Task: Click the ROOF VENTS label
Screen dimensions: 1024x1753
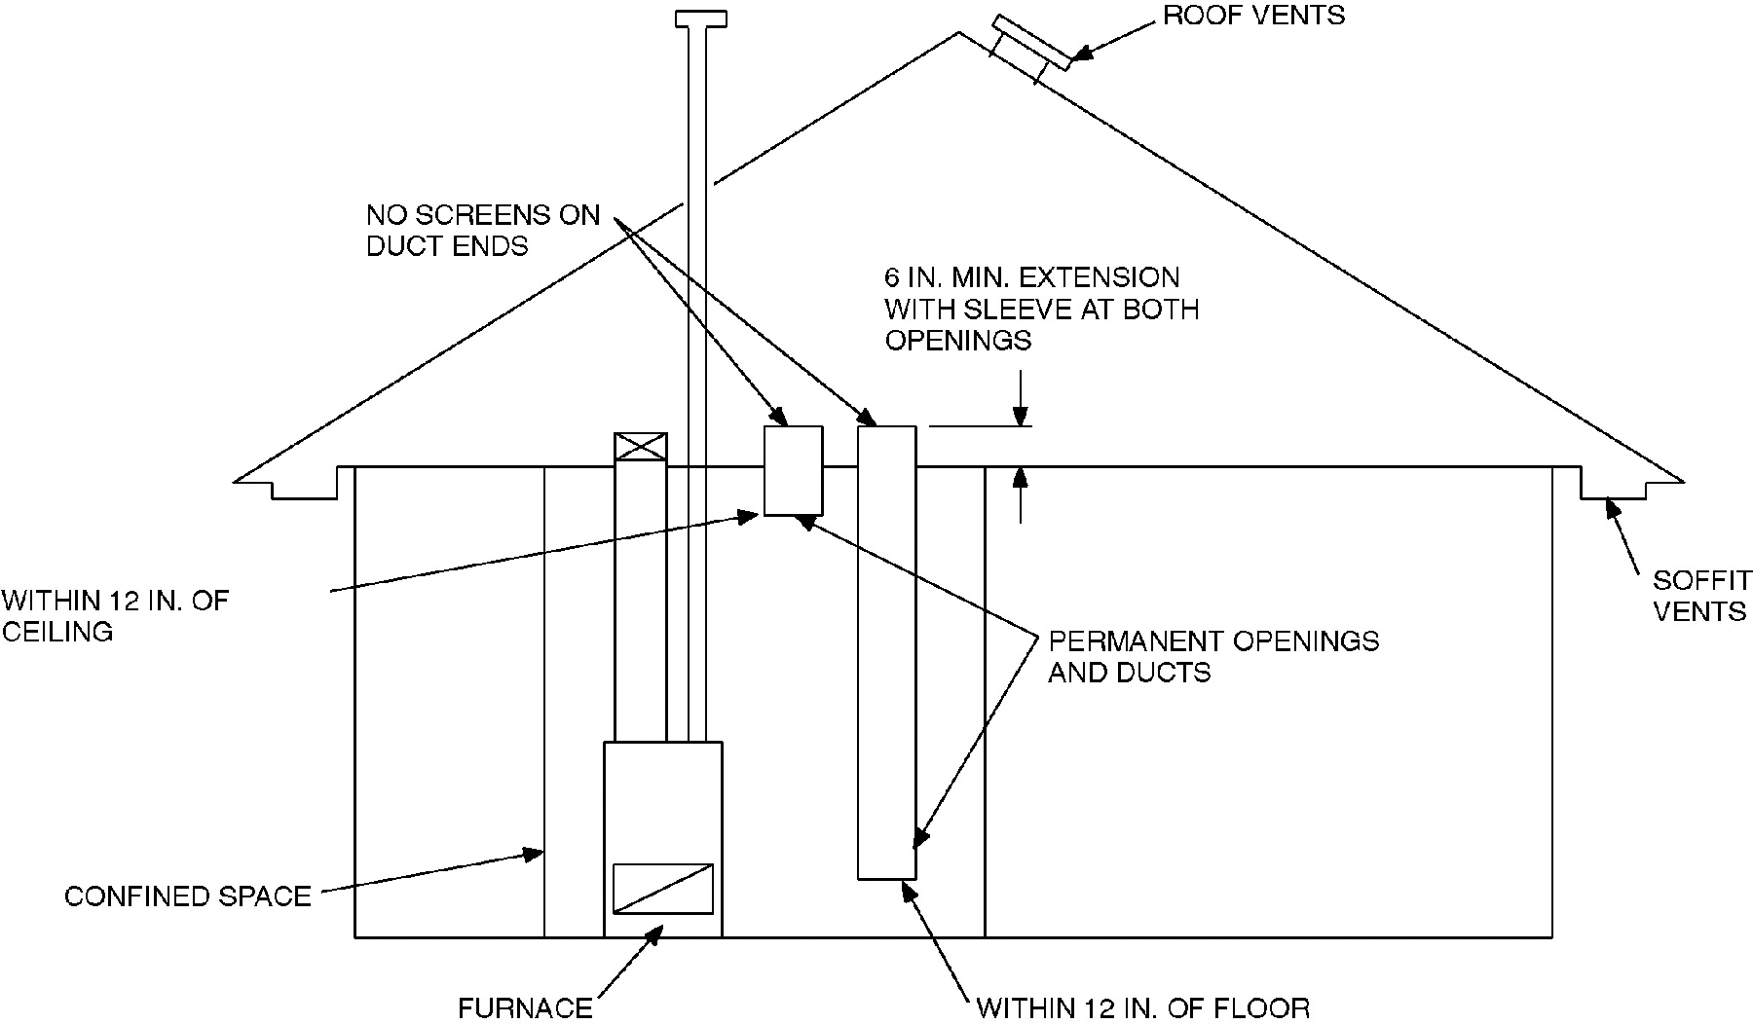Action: tap(1253, 16)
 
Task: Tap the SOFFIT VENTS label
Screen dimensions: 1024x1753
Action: tap(1699, 596)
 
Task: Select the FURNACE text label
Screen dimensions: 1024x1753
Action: tap(525, 1007)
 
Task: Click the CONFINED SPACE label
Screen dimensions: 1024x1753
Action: tap(188, 896)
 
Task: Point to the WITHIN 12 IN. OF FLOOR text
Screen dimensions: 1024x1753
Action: tap(1142, 1007)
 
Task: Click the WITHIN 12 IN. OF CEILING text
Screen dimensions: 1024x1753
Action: tap(115, 615)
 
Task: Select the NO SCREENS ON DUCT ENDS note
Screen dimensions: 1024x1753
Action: tap(483, 230)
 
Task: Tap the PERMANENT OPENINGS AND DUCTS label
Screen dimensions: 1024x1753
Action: tap(1212, 656)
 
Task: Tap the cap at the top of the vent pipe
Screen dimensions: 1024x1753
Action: tap(700, 18)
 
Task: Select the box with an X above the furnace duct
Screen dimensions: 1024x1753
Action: tap(641, 447)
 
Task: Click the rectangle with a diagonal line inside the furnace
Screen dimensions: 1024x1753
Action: tap(662, 889)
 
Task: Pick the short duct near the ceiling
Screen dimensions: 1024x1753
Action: tap(793, 470)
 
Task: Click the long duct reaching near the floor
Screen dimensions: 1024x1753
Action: tap(886, 652)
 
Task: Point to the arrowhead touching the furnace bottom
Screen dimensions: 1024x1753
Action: tap(655, 933)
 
